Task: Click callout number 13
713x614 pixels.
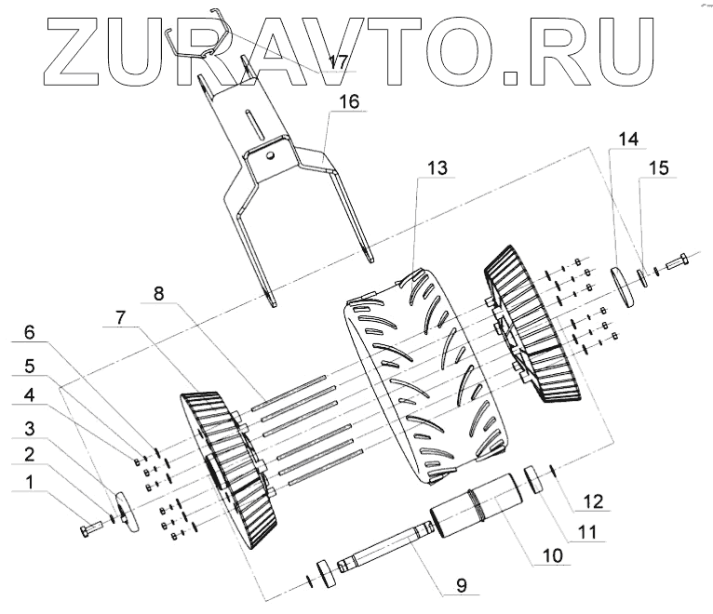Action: pyautogui.click(x=437, y=169)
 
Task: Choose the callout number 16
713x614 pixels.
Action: pyautogui.click(x=347, y=100)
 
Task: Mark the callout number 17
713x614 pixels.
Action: pyautogui.click(x=338, y=62)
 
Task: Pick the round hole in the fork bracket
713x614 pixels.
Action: pyautogui.click(x=270, y=156)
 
